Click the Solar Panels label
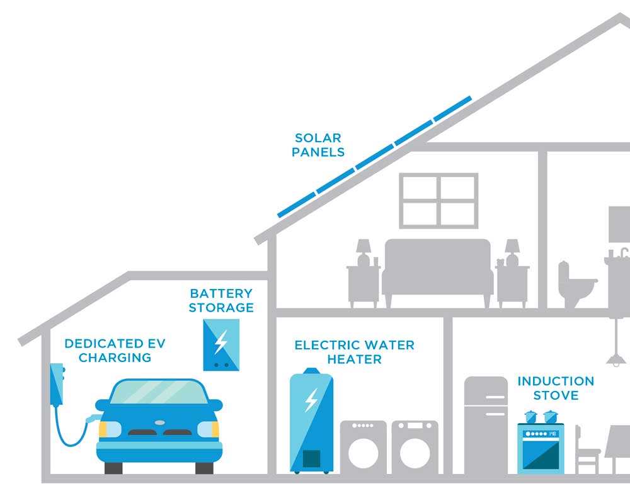click(x=318, y=145)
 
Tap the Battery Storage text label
click(x=221, y=300)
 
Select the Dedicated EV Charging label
click(x=108, y=351)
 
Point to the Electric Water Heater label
click(x=355, y=352)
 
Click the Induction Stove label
click(x=556, y=388)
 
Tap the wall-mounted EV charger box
click(x=57, y=384)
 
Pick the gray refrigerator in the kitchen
click(x=486, y=425)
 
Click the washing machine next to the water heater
click(x=364, y=447)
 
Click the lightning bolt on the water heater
click(x=311, y=400)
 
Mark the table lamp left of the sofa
click(x=364, y=252)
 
